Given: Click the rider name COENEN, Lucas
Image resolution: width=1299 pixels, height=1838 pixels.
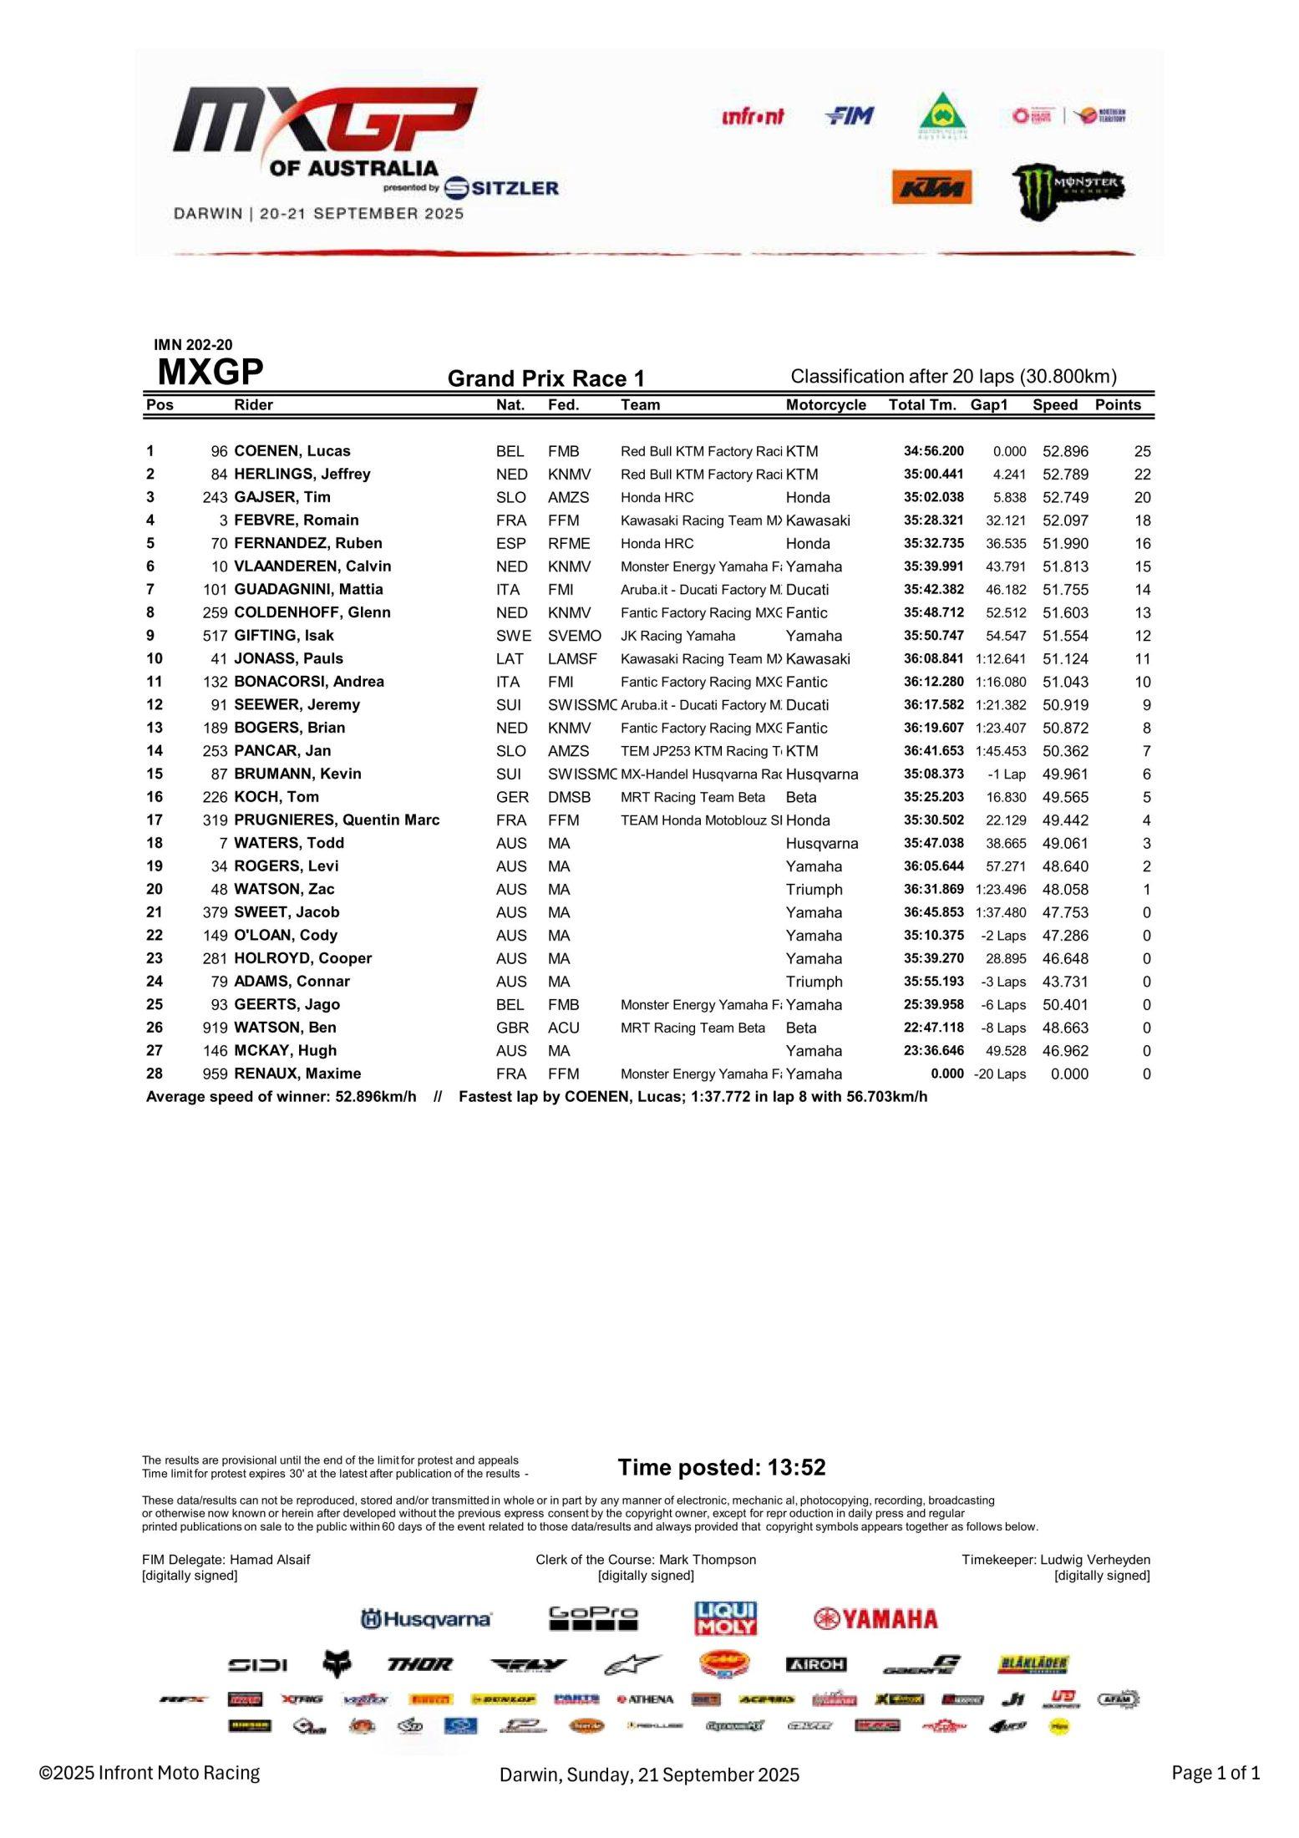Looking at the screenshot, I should point(292,451).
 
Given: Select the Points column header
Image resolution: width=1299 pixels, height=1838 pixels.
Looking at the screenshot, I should point(1117,405).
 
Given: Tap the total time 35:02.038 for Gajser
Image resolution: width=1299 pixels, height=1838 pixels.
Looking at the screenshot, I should point(933,497).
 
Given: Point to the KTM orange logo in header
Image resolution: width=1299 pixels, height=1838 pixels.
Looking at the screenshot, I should point(931,187).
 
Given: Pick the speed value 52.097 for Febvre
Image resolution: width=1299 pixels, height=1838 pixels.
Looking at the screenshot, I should point(1065,520).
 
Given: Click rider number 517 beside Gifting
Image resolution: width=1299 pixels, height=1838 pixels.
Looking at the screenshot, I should point(215,636).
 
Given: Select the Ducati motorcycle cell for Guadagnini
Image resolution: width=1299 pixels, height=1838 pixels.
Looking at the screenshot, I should point(807,590).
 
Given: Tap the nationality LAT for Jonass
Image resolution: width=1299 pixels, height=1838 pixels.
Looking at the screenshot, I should point(510,659).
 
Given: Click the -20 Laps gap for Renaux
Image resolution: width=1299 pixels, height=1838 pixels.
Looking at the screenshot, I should point(1000,1074).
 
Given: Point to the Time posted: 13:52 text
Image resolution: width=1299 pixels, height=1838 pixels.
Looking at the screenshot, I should point(721,1467).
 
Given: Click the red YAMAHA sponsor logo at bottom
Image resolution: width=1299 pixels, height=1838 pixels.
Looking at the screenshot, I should point(875,1619).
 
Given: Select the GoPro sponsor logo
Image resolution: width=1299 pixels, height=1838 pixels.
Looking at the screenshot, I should point(592,1619).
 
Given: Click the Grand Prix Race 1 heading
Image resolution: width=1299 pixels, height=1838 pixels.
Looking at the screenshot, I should point(546,379).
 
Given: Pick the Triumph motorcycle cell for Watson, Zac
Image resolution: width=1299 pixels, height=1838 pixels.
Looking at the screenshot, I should point(814,890).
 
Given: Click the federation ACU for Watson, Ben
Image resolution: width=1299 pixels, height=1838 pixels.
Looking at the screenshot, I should point(563,1028).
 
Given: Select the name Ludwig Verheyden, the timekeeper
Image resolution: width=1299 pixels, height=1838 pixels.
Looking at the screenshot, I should point(1094,1560).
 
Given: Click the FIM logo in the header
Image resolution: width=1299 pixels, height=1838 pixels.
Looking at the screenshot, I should point(849,116).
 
